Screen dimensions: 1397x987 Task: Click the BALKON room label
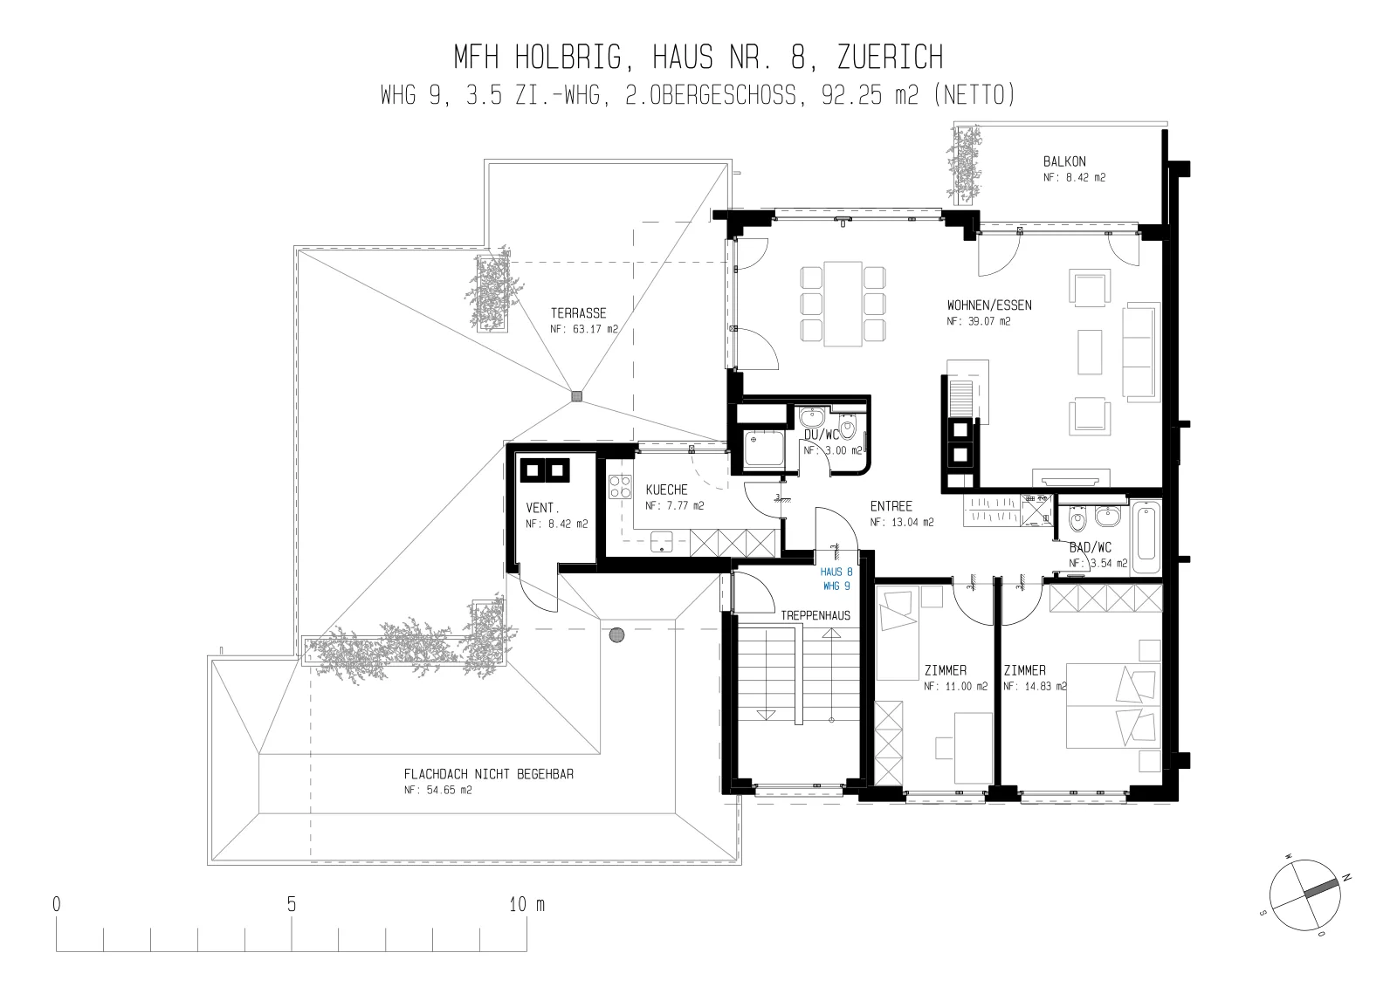[1064, 161]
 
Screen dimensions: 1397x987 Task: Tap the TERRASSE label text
[578, 313]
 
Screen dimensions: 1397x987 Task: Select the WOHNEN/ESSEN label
[989, 305]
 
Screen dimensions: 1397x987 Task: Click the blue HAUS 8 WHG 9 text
[836, 579]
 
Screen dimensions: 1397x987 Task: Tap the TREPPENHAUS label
[815, 616]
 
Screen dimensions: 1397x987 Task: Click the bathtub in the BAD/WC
[1146, 536]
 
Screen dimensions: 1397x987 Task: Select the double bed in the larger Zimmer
[1113, 706]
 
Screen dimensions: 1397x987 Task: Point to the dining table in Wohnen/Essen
[843, 304]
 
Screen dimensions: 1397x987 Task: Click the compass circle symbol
[1304, 895]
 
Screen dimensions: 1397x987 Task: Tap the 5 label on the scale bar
[292, 905]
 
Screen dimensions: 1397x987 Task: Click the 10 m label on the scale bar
[527, 905]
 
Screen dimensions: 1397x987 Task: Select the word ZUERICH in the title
[890, 58]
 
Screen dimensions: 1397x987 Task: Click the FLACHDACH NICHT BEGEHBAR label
[489, 774]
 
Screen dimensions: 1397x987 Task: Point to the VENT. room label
[542, 508]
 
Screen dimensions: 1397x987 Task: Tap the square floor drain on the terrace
[577, 396]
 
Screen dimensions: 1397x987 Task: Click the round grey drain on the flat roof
[616, 635]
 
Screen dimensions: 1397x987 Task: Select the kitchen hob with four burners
[620, 487]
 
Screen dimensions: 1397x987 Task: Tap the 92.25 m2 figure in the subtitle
[870, 95]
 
